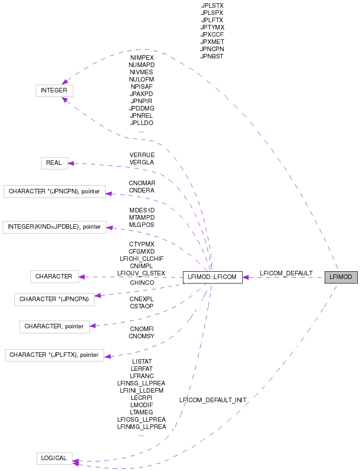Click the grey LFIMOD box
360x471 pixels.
pyautogui.click(x=341, y=277)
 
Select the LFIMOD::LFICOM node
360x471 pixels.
pyautogui.click(x=212, y=277)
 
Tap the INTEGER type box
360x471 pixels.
pyautogui.click(x=54, y=90)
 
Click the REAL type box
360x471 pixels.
pyautogui.click(x=54, y=163)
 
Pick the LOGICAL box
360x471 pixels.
pyautogui.click(x=54, y=458)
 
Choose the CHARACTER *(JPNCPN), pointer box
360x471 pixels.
pyautogui.click(x=54, y=191)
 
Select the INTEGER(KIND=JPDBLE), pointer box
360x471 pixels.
pyautogui.click(x=54, y=227)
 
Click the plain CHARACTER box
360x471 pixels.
pyautogui.click(x=54, y=276)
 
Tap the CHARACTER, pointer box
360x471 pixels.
pyautogui.click(x=54, y=326)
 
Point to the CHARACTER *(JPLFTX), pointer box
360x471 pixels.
pyautogui.click(x=54, y=355)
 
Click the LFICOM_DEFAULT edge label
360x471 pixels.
pyautogui.click(x=286, y=273)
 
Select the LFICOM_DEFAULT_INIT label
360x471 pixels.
pyautogui.click(x=213, y=400)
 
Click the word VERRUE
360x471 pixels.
pyautogui.click(x=142, y=155)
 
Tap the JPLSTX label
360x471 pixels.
pyautogui.click(x=212, y=5)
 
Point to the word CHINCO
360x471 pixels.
pyautogui.click(x=142, y=283)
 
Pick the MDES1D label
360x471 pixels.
pyautogui.click(x=142, y=210)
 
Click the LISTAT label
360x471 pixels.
pyautogui.click(x=142, y=361)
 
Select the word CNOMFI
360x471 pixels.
pyautogui.click(x=142, y=328)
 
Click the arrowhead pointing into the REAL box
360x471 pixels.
pyautogui.click(x=71, y=163)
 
